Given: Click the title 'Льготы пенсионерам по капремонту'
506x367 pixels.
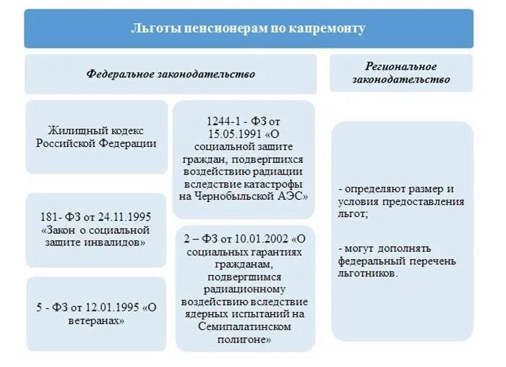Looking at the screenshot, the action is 248,29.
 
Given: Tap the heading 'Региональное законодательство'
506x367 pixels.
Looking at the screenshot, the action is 400,73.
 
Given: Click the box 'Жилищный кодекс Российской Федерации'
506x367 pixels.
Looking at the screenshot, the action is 96,137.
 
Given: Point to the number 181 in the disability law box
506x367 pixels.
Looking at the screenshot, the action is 50,216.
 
